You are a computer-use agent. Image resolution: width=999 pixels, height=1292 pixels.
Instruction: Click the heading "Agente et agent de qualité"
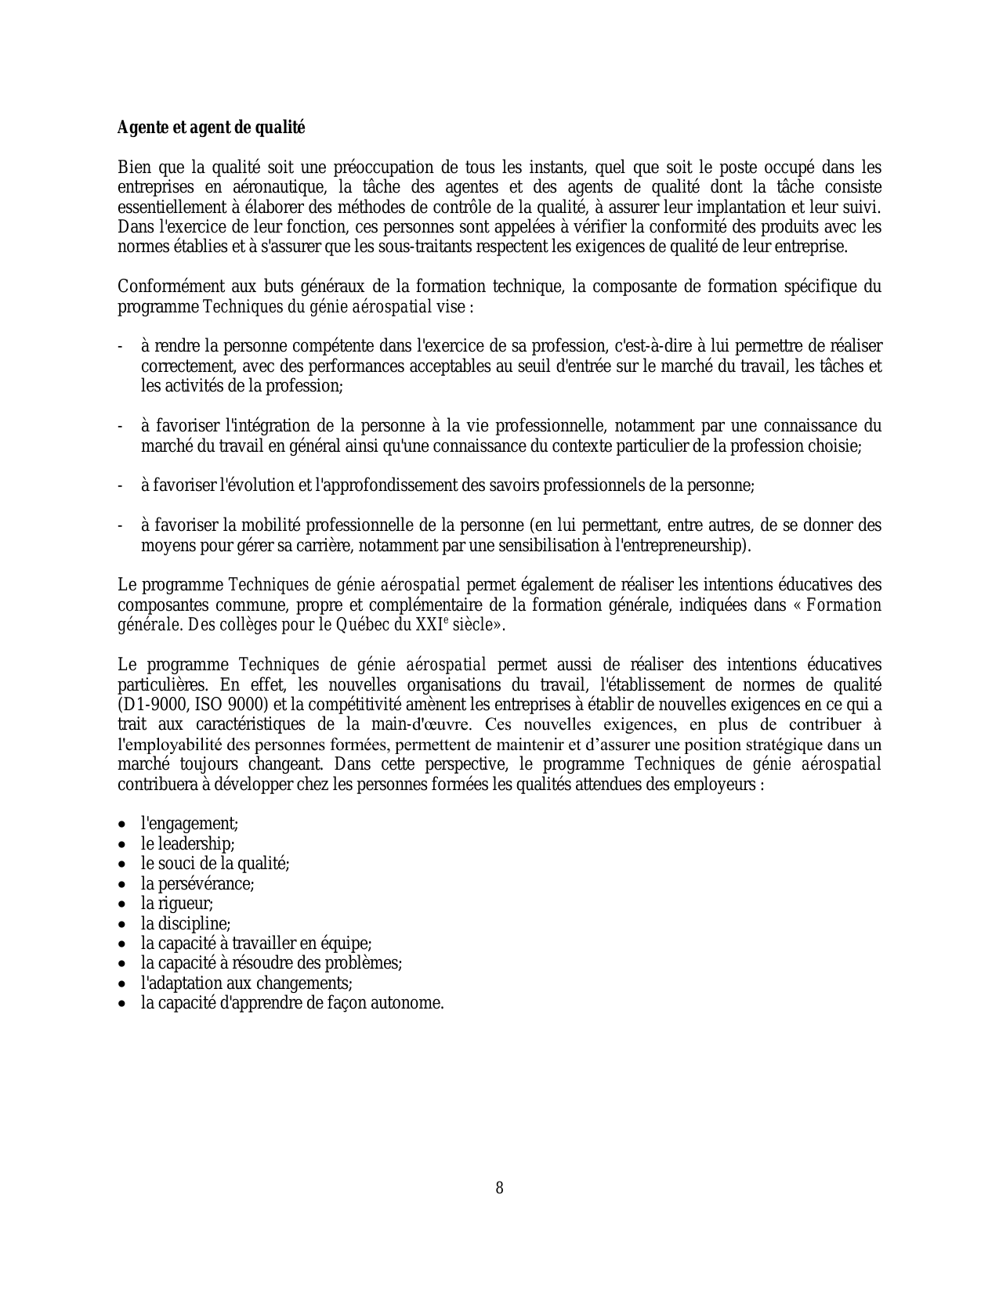coord(211,128)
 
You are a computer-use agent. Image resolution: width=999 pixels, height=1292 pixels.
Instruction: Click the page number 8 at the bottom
coord(500,1188)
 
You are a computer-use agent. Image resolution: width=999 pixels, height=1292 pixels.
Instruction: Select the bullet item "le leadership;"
coord(188,843)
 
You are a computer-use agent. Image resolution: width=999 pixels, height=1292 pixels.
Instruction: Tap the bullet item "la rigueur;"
coord(177,904)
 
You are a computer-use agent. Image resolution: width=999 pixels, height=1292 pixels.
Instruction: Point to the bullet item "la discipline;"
coord(186,923)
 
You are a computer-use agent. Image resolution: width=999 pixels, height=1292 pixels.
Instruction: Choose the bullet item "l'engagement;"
coord(190,824)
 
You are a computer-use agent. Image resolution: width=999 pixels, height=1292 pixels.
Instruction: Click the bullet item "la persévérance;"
coord(197,883)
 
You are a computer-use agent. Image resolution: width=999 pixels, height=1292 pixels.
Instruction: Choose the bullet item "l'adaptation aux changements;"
coord(247,983)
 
